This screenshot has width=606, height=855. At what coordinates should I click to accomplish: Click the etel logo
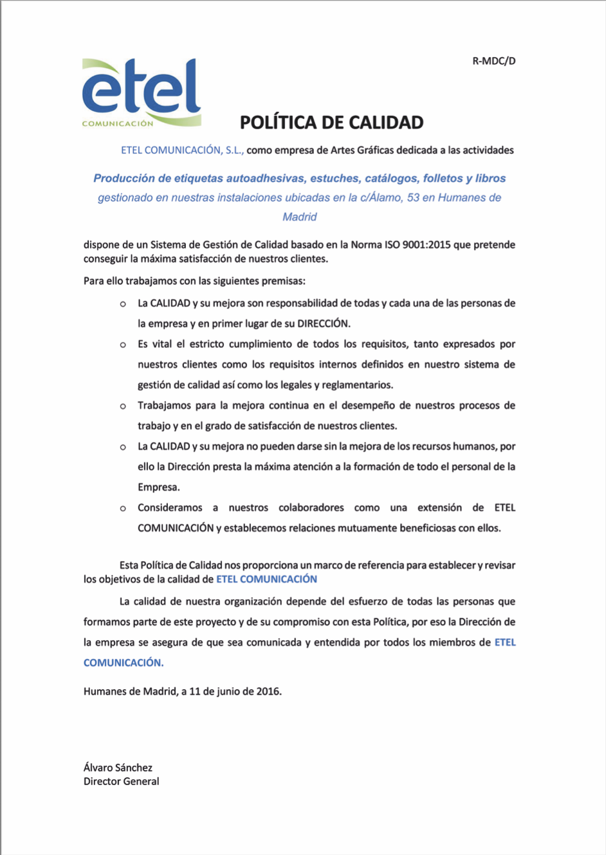point(142,90)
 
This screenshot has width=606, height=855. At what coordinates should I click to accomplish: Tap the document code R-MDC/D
point(494,61)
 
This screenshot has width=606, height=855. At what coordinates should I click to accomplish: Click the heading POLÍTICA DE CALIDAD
point(331,122)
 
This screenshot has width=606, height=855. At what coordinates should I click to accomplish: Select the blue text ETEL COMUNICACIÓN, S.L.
point(182,150)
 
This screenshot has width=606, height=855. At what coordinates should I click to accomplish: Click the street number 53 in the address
point(413,198)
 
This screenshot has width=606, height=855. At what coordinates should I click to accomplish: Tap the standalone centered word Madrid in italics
point(300,217)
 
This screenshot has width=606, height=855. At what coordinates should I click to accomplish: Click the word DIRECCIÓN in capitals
point(323,324)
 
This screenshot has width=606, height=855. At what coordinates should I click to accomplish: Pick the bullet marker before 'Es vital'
point(123,345)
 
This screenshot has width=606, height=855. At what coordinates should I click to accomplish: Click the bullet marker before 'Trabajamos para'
point(123,406)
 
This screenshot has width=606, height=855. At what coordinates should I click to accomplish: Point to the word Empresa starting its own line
point(158,487)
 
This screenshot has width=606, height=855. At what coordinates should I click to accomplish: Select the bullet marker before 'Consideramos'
point(123,509)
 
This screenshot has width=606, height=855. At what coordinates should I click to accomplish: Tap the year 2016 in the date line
point(268,692)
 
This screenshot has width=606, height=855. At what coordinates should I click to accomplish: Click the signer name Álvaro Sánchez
point(118,768)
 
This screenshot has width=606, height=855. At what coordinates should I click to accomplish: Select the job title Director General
point(121,782)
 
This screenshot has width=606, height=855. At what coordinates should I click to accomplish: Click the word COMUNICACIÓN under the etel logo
point(118,123)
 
